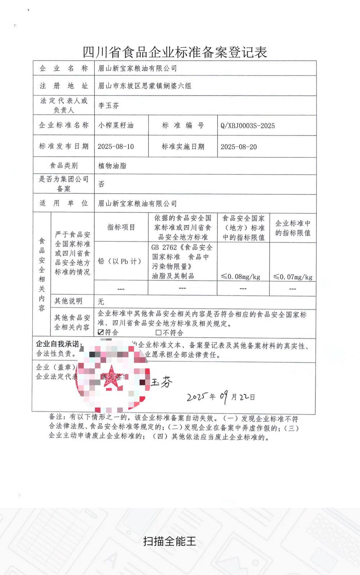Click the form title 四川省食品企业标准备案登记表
pos(175,52)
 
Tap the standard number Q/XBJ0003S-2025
pos(248,126)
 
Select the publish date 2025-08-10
pos(116,147)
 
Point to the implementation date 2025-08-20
pos(239,147)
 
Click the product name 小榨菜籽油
pos(116,125)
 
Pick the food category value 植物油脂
pos(112,166)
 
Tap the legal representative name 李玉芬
pos(108,105)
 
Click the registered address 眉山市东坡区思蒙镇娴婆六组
pos(145,86)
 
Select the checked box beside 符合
pos(101,332)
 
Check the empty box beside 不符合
pos(158,332)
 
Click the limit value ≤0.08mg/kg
pos(240,277)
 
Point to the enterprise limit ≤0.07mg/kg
pos(293,277)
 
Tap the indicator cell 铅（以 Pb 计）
pos(120,261)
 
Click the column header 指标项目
pos(121,227)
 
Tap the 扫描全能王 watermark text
pos(169,541)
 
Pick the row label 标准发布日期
pos(64,146)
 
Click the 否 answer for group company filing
pos(102,184)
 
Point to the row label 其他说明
pos(68,301)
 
